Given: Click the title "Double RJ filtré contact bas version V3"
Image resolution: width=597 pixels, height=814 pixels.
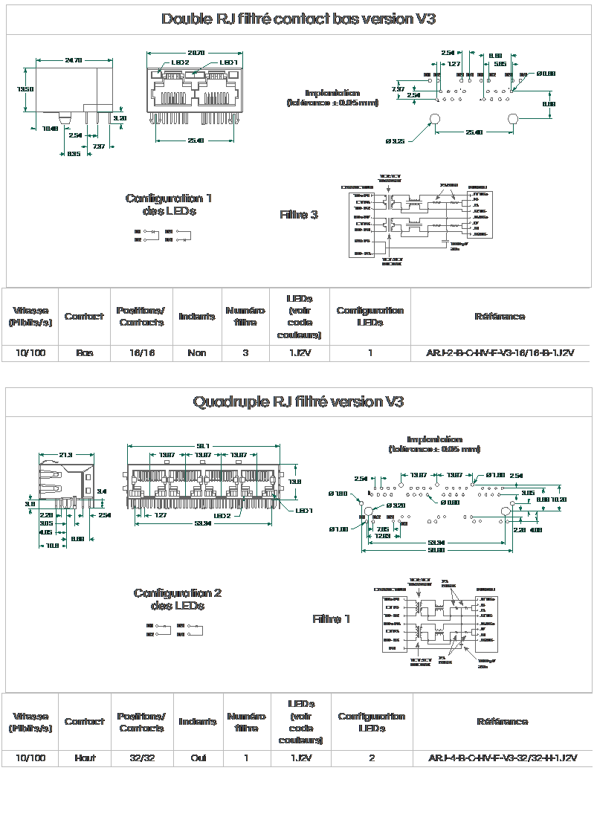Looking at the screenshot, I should (x=298, y=19).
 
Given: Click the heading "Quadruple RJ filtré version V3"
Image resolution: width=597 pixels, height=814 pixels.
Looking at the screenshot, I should (x=298, y=402).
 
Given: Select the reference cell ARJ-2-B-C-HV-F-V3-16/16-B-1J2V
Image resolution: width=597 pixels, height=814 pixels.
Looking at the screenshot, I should (x=500, y=353).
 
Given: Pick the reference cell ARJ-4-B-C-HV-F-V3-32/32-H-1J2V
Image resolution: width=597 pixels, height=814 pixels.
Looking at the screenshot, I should (x=503, y=758).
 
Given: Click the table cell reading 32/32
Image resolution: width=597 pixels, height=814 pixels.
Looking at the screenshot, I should (x=141, y=758).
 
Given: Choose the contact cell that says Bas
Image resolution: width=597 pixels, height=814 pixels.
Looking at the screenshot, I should (x=84, y=353).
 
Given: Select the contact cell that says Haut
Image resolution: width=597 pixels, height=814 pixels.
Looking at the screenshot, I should (x=85, y=758).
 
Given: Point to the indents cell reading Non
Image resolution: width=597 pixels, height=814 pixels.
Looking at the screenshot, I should (x=197, y=353).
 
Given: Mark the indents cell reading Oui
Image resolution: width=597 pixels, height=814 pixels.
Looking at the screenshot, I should (x=198, y=758).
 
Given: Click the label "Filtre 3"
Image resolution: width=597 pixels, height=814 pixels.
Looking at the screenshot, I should (x=299, y=215).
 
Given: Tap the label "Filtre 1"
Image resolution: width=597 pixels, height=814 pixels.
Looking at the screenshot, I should (x=332, y=619).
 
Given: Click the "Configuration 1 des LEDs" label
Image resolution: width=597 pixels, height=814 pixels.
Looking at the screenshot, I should (x=169, y=204).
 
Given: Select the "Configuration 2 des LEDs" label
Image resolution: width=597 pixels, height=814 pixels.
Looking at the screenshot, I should (x=178, y=599).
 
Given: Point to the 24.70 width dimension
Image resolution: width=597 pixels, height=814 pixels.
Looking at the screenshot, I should (x=73, y=60).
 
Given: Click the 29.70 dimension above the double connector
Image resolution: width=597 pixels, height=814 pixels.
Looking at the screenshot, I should (x=196, y=53).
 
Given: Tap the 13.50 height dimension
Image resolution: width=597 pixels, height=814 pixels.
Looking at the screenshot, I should (x=25, y=89).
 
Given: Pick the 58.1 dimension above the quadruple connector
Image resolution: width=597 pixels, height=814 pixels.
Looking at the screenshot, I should (x=202, y=445).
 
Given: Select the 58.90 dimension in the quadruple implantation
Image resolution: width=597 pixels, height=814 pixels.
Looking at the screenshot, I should (x=436, y=550).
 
